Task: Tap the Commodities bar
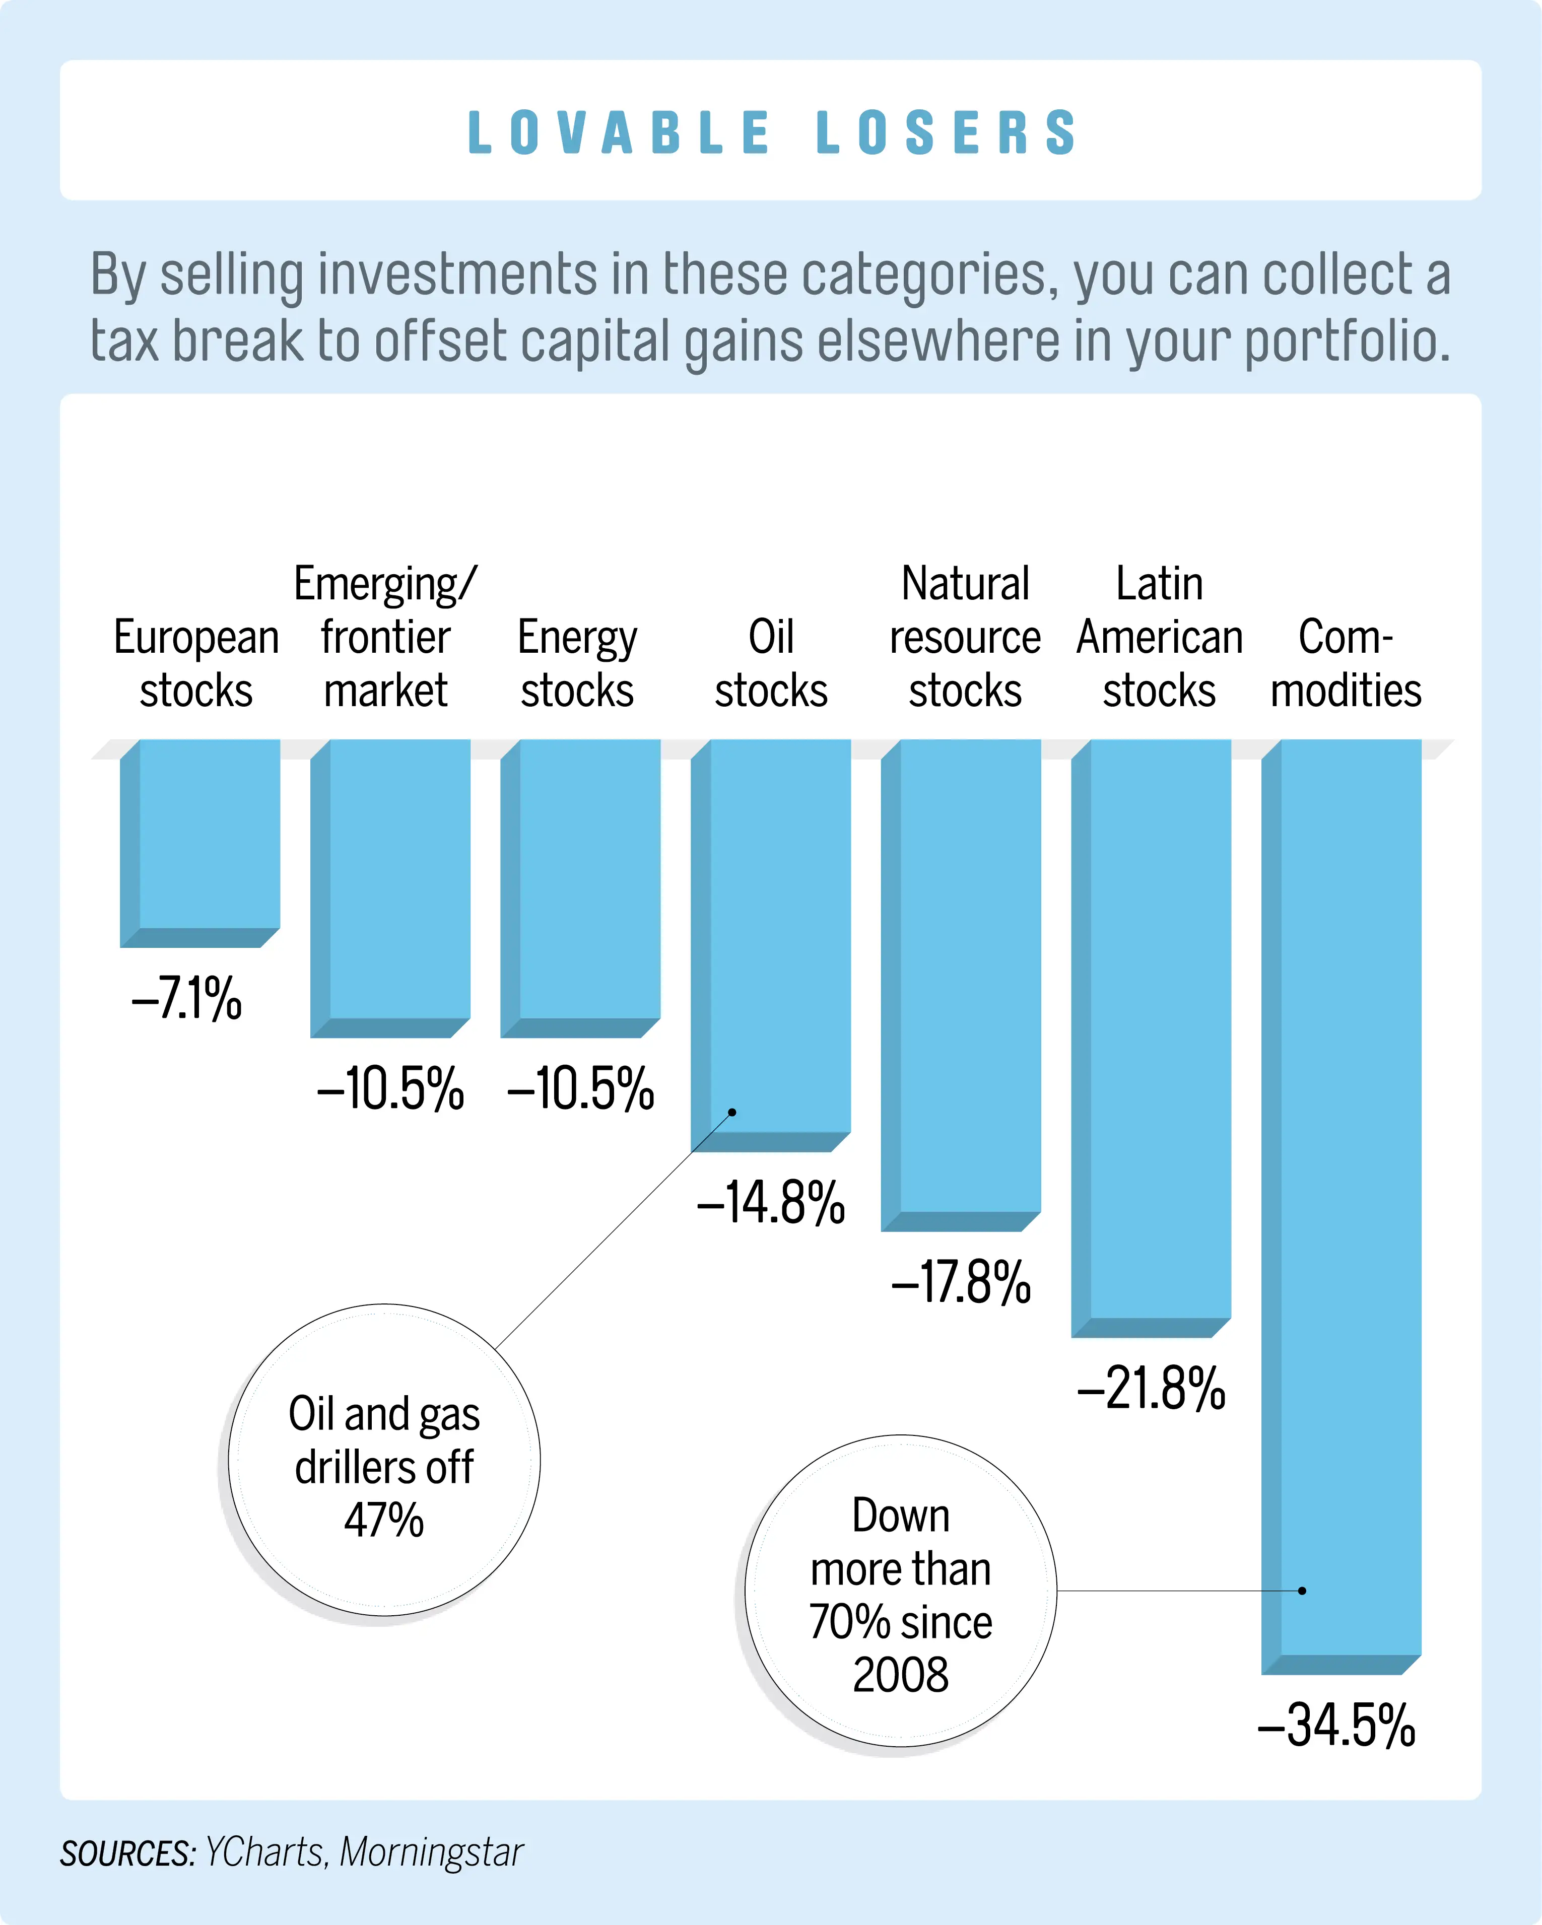pyautogui.click(x=1341, y=1205)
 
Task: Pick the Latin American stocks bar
pyautogui.click(x=1151, y=1036)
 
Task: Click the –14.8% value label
pyautogui.click(x=771, y=1203)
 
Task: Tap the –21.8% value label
pyautogui.click(x=1151, y=1389)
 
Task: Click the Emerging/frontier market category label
pyautogui.click(x=386, y=637)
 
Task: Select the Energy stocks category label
pyautogui.click(x=578, y=663)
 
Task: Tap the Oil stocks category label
pyautogui.click(x=771, y=663)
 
